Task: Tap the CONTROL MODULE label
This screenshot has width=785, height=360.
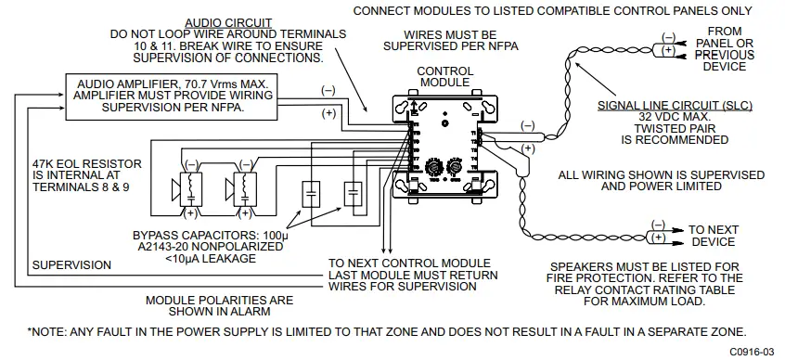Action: click(444, 77)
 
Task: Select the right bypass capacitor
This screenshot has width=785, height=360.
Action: click(352, 195)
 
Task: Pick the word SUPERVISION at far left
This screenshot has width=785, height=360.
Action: click(71, 264)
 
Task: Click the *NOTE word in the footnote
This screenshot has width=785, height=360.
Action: click(47, 330)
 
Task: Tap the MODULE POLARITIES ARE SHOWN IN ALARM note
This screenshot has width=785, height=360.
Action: click(219, 305)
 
